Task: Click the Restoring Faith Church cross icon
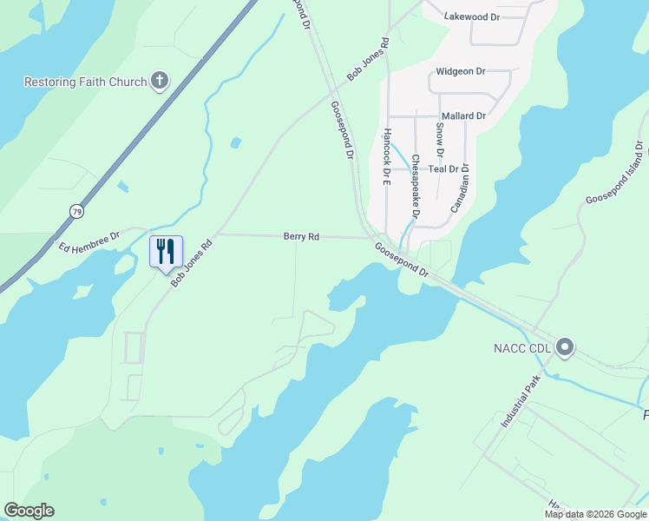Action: [x=159, y=82]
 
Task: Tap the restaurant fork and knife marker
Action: [x=165, y=252]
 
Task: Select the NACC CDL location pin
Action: [x=565, y=348]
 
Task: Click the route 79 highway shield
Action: [x=76, y=211]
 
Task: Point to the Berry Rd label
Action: [x=302, y=236]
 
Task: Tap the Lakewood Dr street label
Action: [x=472, y=16]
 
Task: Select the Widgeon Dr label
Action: [x=461, y=71]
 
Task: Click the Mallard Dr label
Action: [x=463, y=115]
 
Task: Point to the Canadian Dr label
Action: [x=460, y=189]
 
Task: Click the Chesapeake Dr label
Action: [x=416, y=186]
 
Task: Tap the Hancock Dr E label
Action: [x=387, y=158]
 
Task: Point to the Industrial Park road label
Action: [x=521, y=402]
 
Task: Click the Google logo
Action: [x=29, y=511]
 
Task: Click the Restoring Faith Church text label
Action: [x=84, y=82]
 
